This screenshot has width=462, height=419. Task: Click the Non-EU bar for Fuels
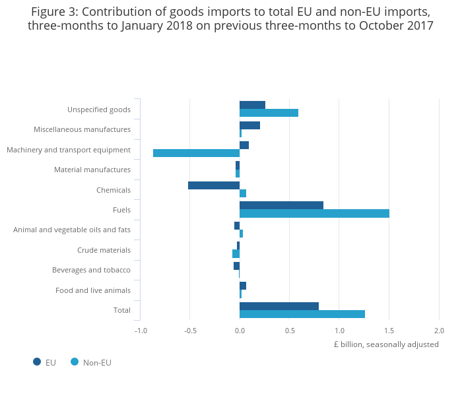(x=314, y=214)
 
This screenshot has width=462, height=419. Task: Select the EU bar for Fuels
(x=281, y=205)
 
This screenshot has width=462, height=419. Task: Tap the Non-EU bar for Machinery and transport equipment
(x=196, y=153)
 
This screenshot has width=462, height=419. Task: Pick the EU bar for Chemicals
(x=214, y=185)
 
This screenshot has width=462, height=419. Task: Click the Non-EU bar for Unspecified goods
(x=269, y=113)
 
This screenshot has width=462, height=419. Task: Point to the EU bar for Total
(x=279, y=306)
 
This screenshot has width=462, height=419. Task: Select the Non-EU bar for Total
(x=302, y=314)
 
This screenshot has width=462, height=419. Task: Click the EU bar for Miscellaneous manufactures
(x=249, y=125)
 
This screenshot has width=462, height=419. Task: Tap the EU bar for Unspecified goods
(x=252, y=105)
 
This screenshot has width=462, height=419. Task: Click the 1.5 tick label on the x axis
(x=389, y=331)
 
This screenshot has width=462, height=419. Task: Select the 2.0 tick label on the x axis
(x=439, y=331)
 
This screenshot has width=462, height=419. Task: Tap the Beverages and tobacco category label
(x=91, y=270)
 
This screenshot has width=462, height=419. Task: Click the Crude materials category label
(x=104, y=250)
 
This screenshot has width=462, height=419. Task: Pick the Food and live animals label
(x=93, y=290)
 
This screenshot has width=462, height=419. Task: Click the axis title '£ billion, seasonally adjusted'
(x=386, y=344)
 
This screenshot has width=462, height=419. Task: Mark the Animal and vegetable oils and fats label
(x=72, y=230)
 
